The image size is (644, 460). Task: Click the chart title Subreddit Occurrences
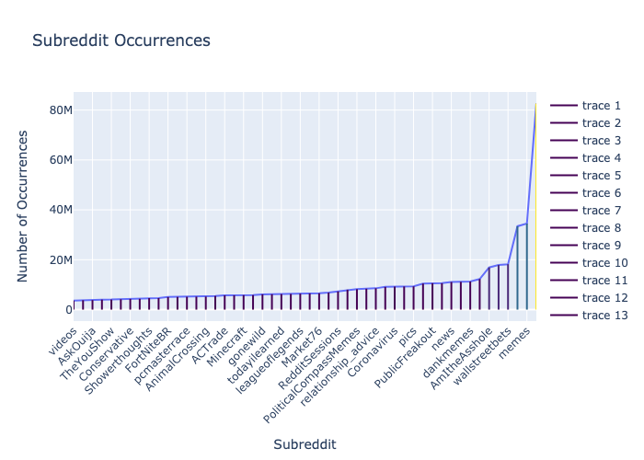click(121, 40)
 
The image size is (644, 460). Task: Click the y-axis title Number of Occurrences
click(24, 205)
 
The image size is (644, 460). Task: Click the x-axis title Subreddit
click(305, 444)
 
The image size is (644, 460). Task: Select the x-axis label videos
click(65, 336)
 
